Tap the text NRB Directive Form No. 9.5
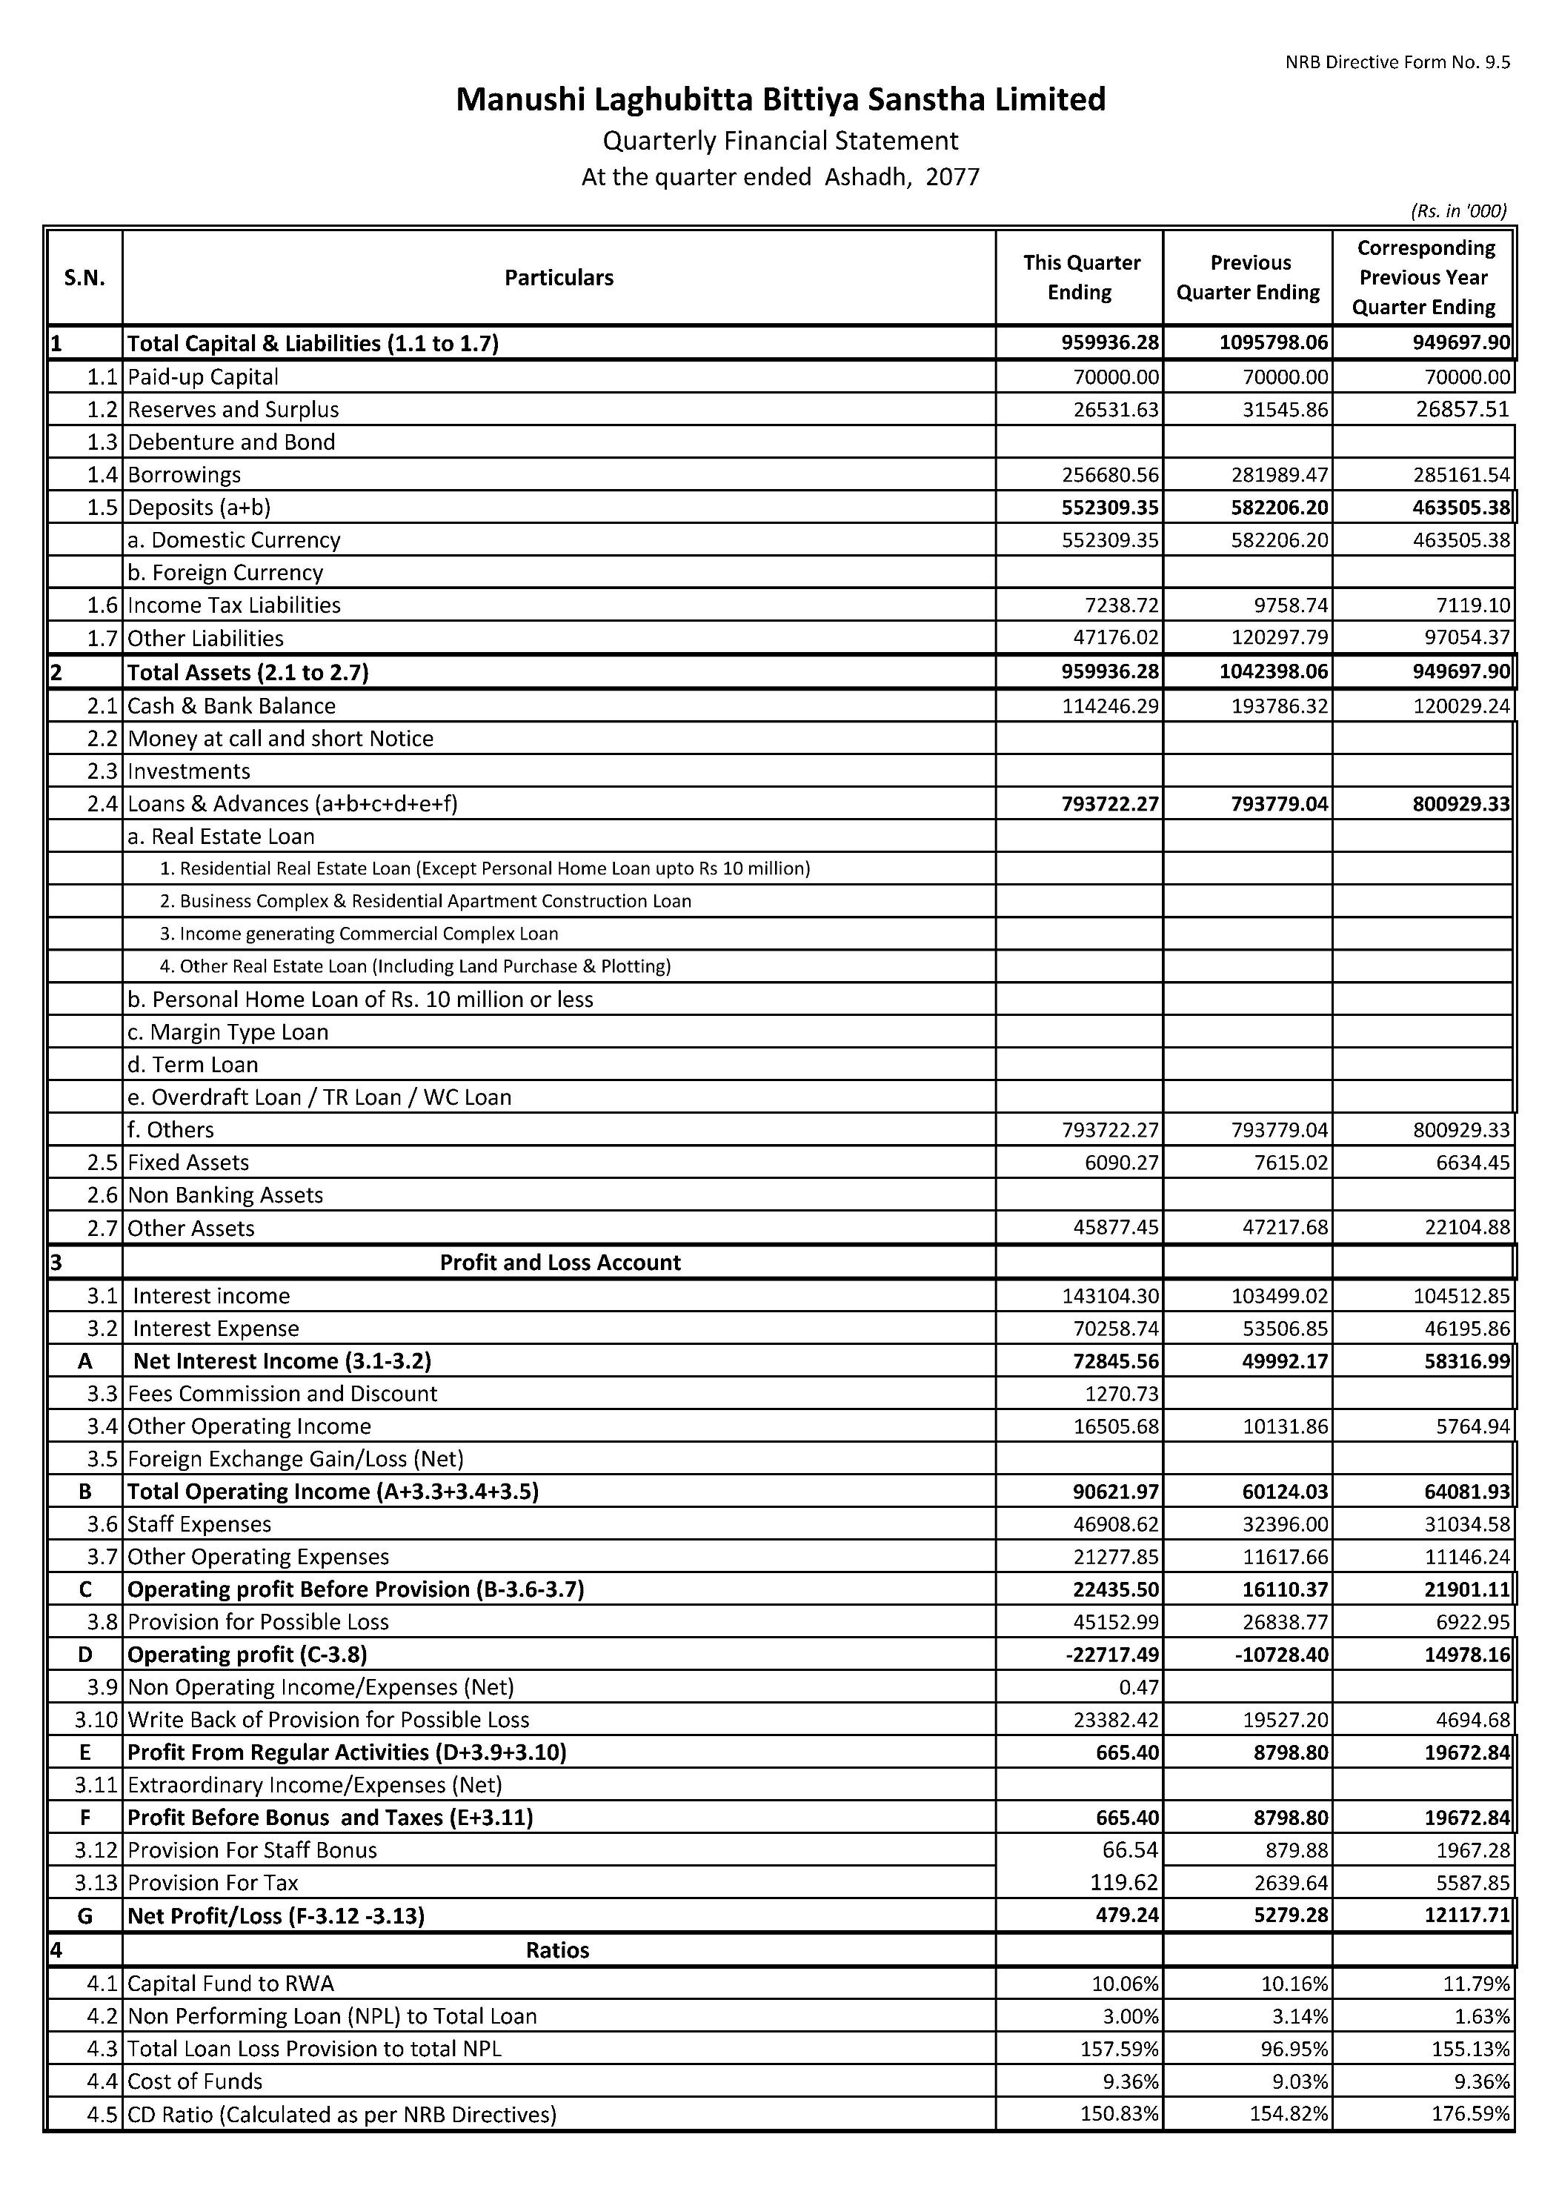pos(1397,62)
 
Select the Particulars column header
pos(559,277)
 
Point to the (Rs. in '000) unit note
pos(1458,210)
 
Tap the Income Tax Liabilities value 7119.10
pos(1467,605)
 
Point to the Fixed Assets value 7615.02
pos(1286,1163)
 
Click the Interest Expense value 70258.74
pos(1111,1329)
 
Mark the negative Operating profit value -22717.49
pos(1111,1655)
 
